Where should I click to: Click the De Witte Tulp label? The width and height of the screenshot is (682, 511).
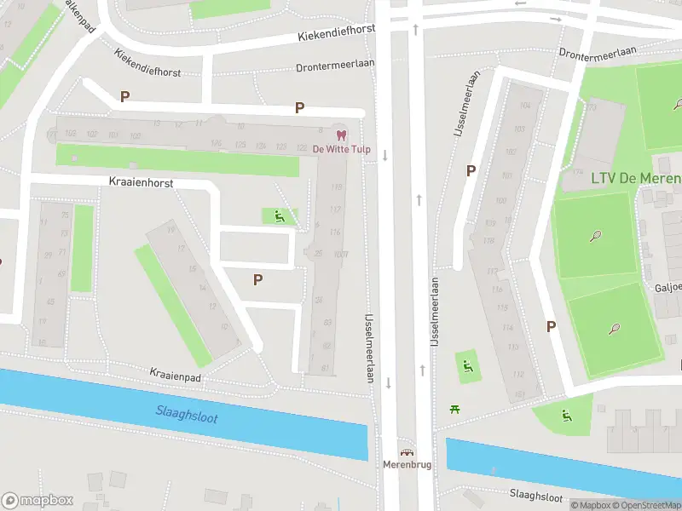click(x=341, y=149)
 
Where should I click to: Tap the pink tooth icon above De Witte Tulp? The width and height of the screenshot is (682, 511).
click(x=341, y=135)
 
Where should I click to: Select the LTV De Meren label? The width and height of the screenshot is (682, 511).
click(x=636, y=178)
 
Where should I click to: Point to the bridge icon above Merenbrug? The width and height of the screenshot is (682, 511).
click(x=407, y=453)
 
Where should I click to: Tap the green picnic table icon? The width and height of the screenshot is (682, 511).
click(x=455, y=409)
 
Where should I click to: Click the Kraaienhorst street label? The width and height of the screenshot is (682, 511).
click(x=142, y=182)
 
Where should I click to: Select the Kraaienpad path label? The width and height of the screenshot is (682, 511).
click(x=174, y=373)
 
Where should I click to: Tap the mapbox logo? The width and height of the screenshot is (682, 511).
click(x=38, y=501)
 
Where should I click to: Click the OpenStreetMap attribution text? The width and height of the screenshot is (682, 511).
click(x=644, y=505)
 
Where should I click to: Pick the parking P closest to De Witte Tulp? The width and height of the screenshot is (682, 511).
click(x=299, y=107)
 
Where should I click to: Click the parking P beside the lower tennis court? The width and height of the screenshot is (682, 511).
click(x=551, y=326)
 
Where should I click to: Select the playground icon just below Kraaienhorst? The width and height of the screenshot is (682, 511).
click(x=279, y=217)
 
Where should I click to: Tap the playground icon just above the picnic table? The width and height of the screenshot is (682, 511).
click(x=466, y=368)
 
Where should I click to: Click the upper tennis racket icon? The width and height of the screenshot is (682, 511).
click(x=595, y=235)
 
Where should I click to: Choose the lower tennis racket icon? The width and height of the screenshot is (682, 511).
click(x=614, y=329)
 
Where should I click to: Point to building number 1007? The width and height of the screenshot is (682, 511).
click(x=341, y=254)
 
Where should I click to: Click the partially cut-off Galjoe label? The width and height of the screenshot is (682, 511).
click(x=668, y=287)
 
